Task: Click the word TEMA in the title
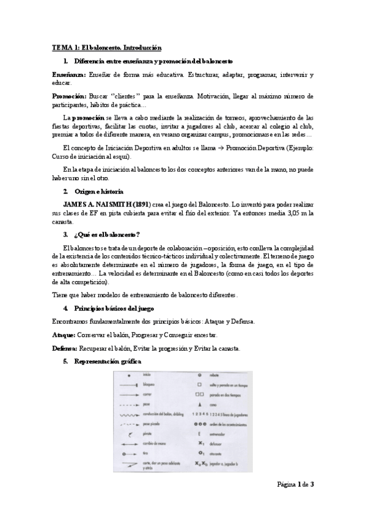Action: pos(60,47)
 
